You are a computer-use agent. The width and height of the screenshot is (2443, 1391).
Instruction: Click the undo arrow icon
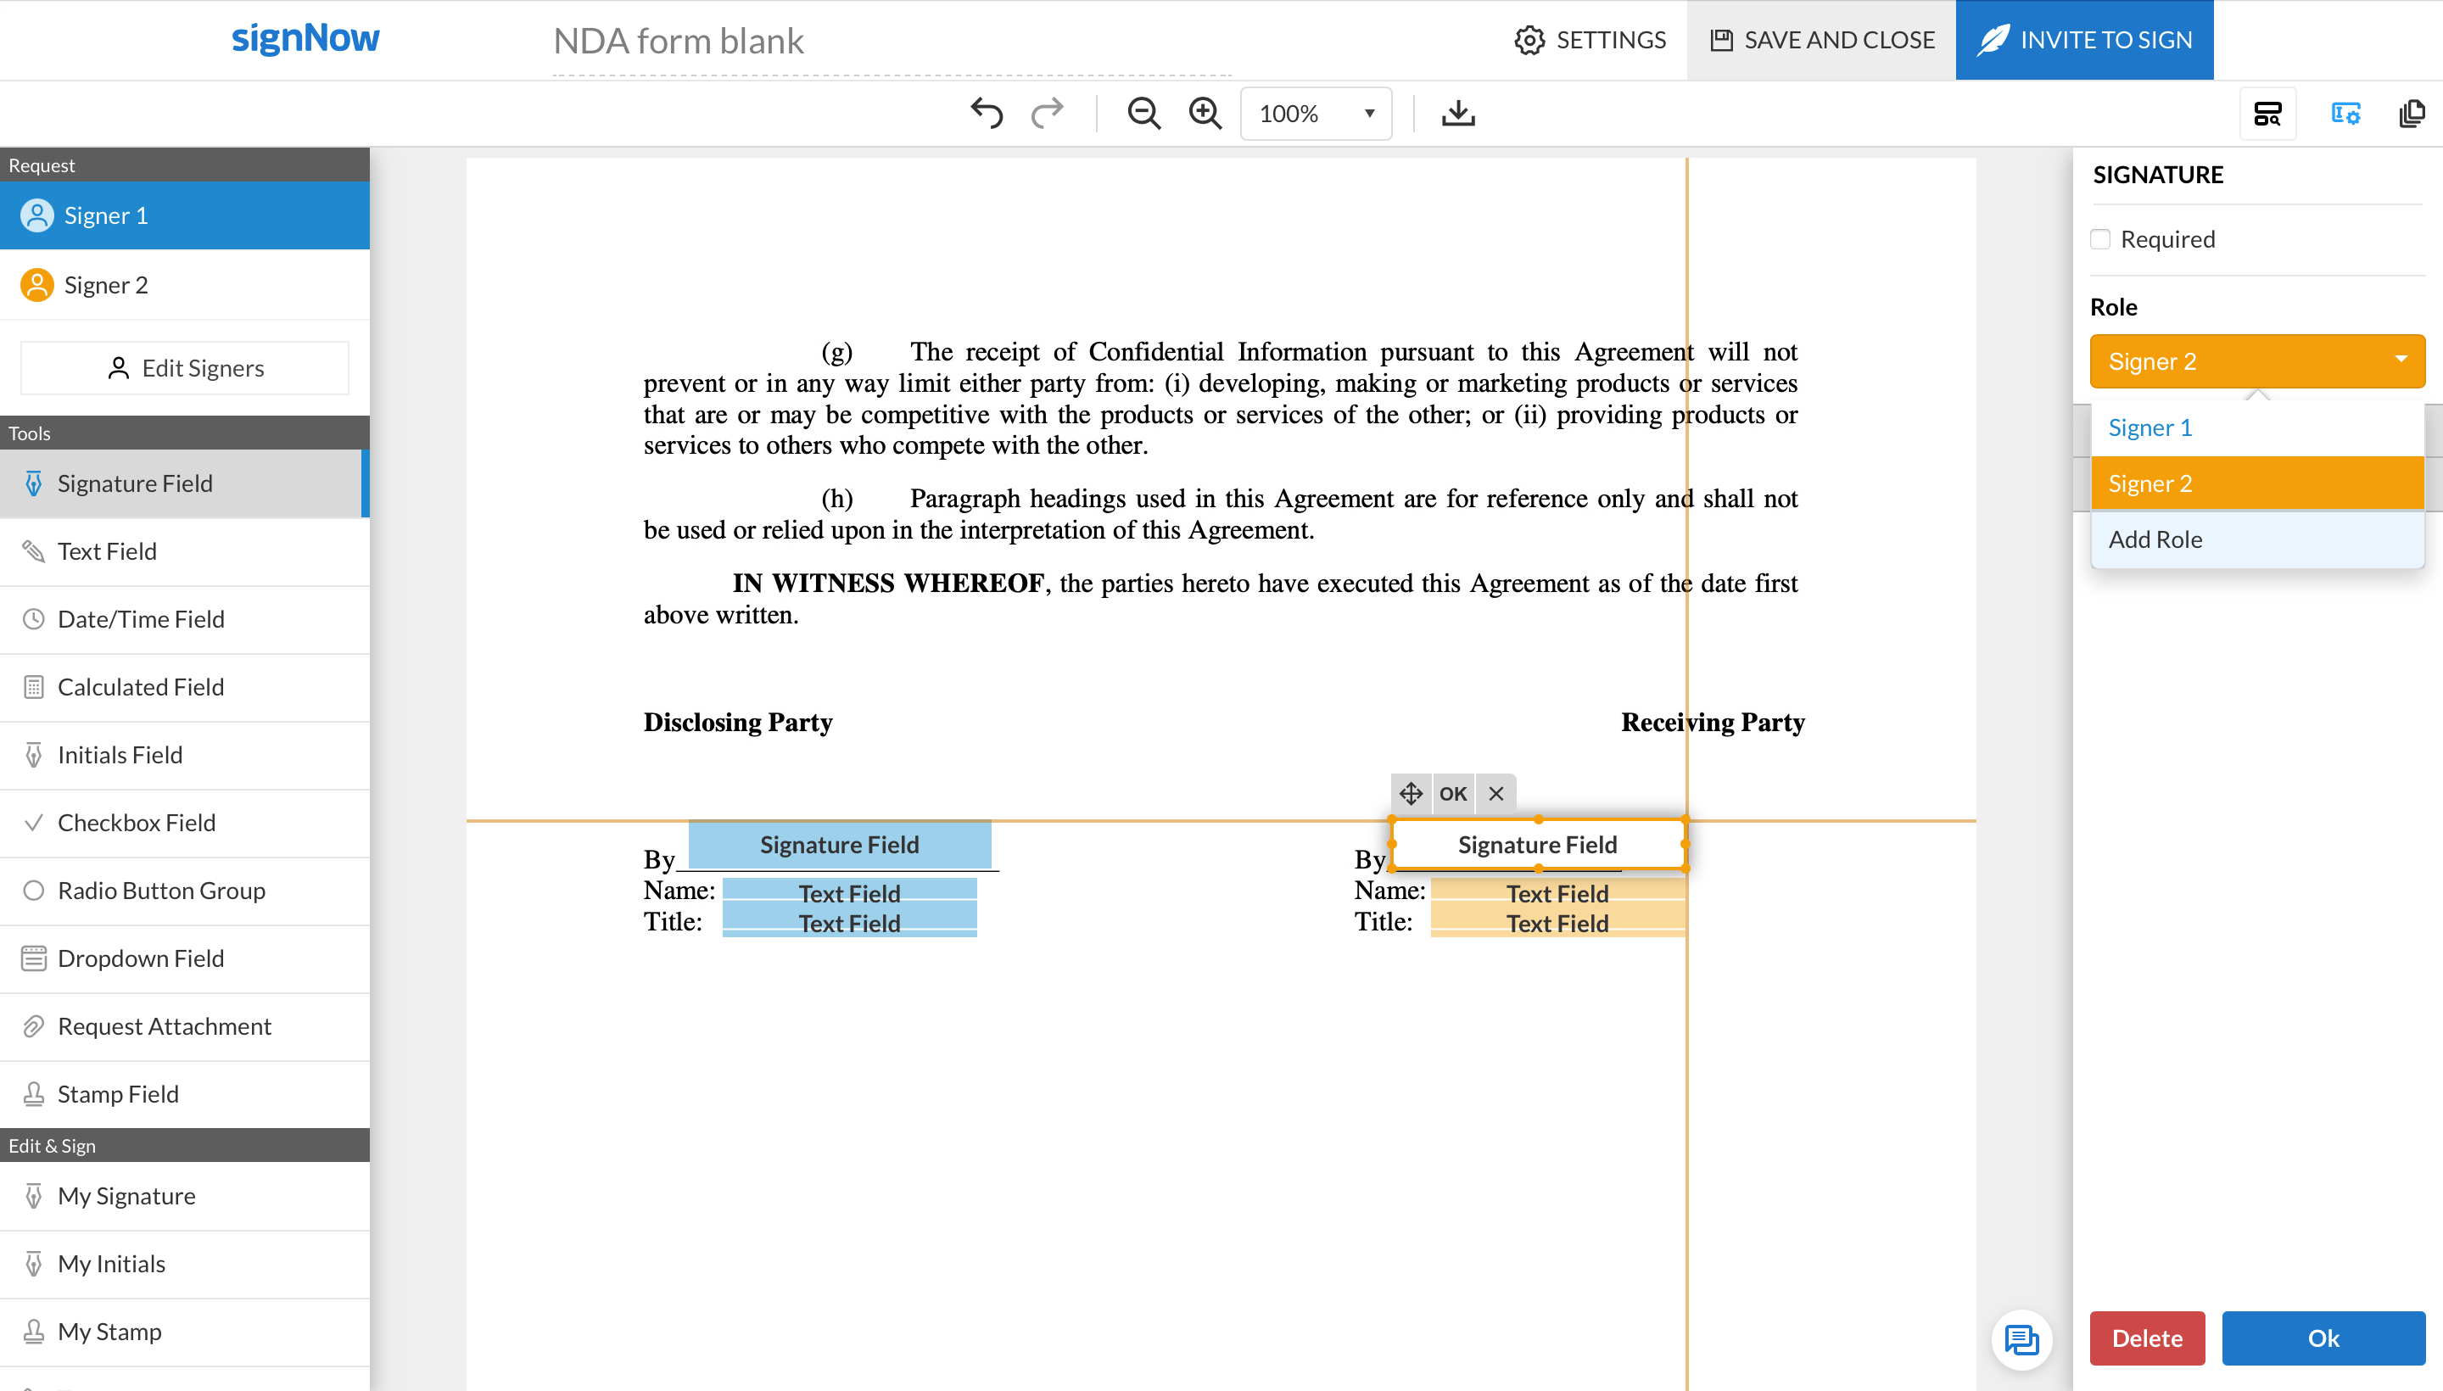click(986, 114)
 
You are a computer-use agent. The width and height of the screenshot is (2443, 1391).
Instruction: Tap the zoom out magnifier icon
click(1143, 114)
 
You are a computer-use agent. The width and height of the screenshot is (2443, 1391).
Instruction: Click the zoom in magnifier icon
click(1205, 114)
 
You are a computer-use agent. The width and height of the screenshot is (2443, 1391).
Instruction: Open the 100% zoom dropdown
click(1316, 114)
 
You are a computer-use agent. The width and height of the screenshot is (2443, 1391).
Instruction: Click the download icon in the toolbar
click(1457, 114)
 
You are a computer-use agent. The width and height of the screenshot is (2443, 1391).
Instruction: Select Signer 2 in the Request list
click(106, 285)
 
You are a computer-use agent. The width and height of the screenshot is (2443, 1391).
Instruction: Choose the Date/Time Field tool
click(141, 619)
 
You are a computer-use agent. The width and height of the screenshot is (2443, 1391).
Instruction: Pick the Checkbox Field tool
click(136, 823)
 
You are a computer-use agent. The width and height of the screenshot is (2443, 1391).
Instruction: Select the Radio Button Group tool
click(160, 891)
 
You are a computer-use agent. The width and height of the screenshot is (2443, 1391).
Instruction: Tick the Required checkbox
click(2100, 239)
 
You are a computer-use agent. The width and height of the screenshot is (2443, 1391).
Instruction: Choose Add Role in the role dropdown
click(2155, 539)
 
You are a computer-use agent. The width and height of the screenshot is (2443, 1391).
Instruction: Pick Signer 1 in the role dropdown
click(2150, 428)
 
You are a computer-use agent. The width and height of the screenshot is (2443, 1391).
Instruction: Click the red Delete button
click(2147, 1338)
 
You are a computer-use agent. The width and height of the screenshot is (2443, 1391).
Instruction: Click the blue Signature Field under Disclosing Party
click(839, 845)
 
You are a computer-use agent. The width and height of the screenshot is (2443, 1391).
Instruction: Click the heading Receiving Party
click(1712, 723)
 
